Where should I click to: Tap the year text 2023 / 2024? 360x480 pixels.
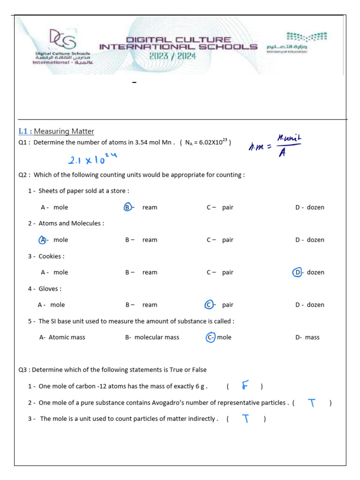(172, 56)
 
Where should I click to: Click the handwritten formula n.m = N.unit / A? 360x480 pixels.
(275, 145)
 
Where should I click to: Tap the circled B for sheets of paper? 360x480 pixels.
(127, 207)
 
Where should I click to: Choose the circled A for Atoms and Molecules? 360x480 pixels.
(43, 240)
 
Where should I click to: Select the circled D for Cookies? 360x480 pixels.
(297, 272)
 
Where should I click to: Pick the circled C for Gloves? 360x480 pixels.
(210, 305)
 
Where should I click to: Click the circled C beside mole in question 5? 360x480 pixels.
(210, 337)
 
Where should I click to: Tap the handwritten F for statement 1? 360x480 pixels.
(244, 386)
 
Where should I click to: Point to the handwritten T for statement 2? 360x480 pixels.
(312, 403)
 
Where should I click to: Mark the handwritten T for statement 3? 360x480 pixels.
(245, 419)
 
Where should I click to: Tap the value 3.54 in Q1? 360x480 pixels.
(142, 142)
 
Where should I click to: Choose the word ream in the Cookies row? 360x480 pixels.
(150, 272)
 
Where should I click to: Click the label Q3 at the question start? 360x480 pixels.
(24, 369)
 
